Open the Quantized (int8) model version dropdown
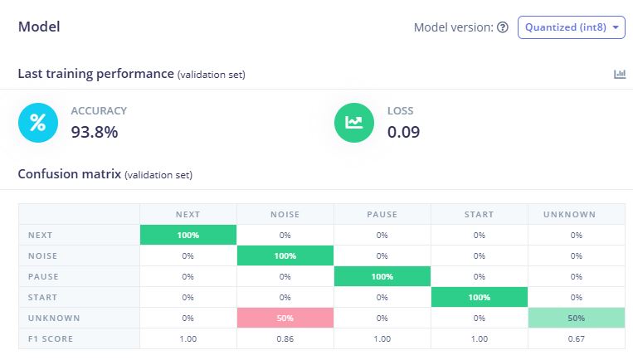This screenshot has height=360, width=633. (571, 27)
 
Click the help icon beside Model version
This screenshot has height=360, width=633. (502, 27)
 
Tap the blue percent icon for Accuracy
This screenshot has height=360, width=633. (38, 123)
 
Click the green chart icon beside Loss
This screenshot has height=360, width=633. (354, 123)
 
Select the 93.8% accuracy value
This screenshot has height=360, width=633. (95, 131)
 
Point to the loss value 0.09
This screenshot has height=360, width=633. (403, 131)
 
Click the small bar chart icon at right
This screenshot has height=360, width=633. (620, 74)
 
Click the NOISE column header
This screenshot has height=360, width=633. (285, 214)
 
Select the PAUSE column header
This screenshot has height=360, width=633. (382, 214)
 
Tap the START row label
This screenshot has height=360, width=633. (42, 297)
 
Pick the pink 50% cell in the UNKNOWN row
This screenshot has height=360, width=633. (285, 318)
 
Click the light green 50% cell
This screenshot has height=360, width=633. (577, 318)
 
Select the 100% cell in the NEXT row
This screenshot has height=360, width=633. (188, 235)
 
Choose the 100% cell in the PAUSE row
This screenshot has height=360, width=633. (382, 276)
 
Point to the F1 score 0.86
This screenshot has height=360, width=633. (285, 338)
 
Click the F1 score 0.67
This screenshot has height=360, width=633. (577, 338)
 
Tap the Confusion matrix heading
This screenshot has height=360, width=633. (69, 174)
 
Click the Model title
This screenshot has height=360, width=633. (39, 27)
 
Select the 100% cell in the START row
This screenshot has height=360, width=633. (480, 297)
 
